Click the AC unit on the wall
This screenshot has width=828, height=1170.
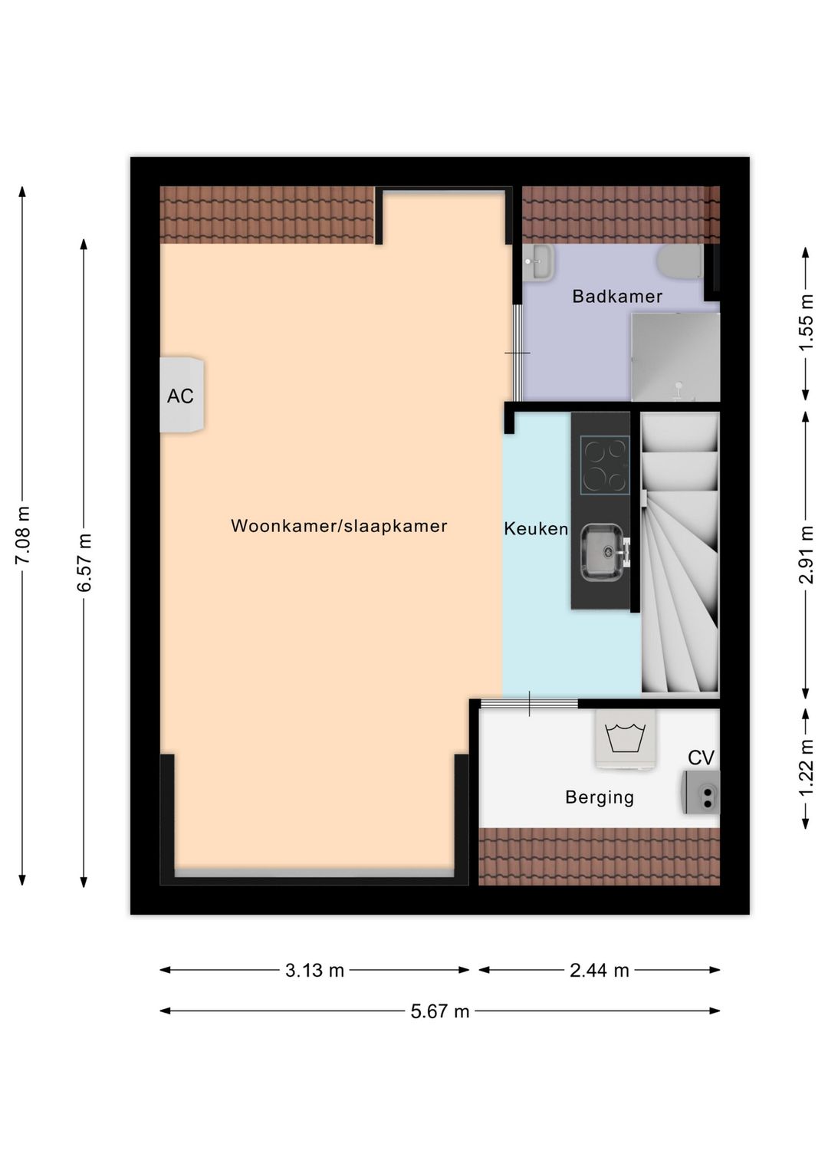[x=182, y=395]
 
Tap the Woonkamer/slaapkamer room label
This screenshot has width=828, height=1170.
[x=339, y=526]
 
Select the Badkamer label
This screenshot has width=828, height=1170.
[x=617, y=297]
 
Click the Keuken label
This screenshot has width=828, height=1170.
[x=536, y=529]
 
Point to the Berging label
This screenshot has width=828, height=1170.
[x=600, y=797]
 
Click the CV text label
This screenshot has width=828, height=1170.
[x=701, y=758]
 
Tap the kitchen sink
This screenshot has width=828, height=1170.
[x=603, y=551]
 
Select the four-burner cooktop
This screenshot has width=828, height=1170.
[x=605, y=465]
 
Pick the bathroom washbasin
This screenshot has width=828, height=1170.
[x=540, y=262]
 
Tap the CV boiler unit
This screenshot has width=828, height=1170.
[x=702, y=793]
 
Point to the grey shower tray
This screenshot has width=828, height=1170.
[x=675, y=357]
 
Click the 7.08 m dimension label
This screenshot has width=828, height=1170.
[x=23, y=534]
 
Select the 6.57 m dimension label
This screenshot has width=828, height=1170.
[x=84, y=562]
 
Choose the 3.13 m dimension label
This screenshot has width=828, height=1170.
[x=314, y=971]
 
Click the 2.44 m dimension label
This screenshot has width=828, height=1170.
[x=599, y=971]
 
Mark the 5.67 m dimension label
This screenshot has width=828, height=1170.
[x=439, y=1011]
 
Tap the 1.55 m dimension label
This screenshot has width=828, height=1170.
[x=806, y=323]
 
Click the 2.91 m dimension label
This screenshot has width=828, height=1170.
[x=806, y=554]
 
